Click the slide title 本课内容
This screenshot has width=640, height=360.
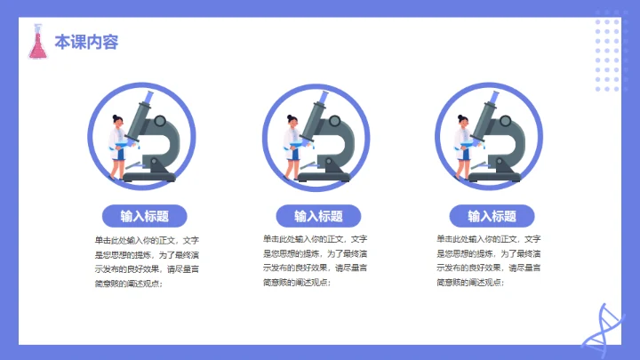point(86,42)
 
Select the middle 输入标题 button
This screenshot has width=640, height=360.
point(317,216)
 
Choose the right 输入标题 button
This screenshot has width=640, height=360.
point(491,216)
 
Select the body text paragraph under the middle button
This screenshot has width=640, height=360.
point(316,261)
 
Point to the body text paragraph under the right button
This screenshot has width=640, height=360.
point(489,261)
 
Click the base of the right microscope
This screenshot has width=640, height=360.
point(504,176)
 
